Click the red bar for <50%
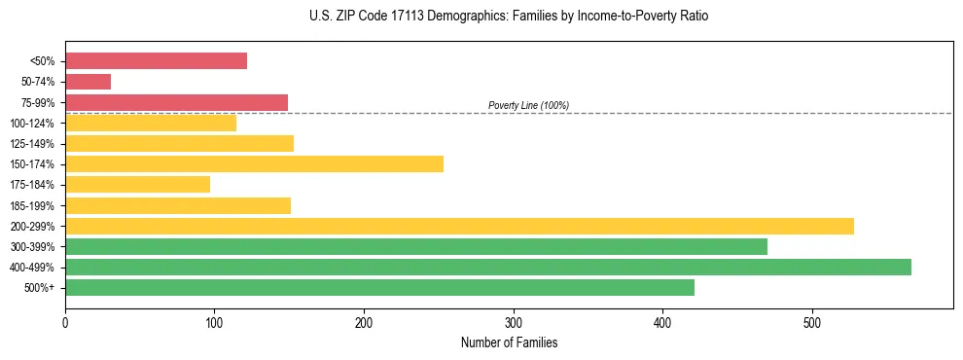coord(156,61)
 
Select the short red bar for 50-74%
coord(88,82)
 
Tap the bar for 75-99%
coord(176,102)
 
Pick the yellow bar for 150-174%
coord(254,164)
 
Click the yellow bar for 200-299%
coord(459,226)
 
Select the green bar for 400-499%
coord(487,268)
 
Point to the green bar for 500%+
coord(379,288)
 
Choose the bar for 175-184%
coord(137,185)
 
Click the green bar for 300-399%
coord(416,247)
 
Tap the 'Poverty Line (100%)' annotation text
coord(528,105)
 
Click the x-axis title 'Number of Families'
coord(509,342)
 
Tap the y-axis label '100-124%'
coord(32,124)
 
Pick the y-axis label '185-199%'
coord(32,206)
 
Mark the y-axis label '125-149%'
coord(32,144)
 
